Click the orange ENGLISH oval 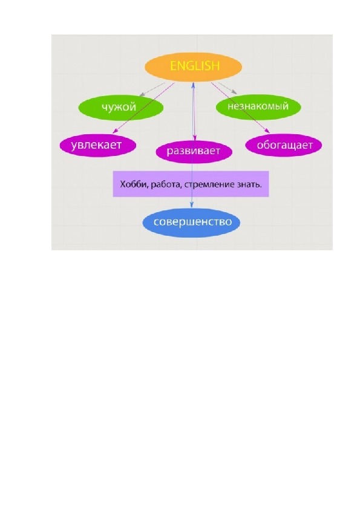click(193, 66)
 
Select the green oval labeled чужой click(120, 107)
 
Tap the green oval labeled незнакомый click(258, 107)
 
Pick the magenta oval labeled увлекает click(98, 145)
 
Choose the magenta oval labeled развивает click(194, 151)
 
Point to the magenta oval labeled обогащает click(283, 144)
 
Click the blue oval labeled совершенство click(192, 222)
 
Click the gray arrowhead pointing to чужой click(142, 94)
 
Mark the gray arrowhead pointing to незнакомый click(234, 92)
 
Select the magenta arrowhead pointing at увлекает click(115, 131)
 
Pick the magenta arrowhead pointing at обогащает click(267, 131)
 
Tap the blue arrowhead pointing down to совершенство click(192, 205)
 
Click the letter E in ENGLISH click(173, 66)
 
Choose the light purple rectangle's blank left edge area click(116, 184)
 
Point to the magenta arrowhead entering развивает click(195, 137)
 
